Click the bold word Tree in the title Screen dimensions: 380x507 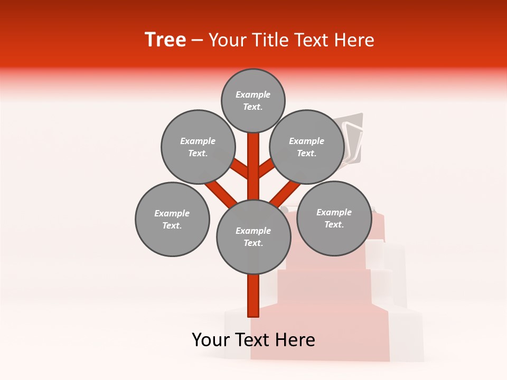[165, 40]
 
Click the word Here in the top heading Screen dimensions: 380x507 [356, 40]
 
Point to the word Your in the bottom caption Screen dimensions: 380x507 [211, 340]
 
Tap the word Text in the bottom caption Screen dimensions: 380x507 [252, 340]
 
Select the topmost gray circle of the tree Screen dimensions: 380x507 [253, 100]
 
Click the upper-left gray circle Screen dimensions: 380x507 [198, 147]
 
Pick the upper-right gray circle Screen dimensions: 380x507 [307, 147]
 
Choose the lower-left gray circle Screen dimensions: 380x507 [172, 219]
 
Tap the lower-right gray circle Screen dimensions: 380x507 [334, 218]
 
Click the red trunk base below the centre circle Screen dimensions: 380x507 [253, 296]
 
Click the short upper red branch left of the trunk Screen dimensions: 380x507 [240, 169]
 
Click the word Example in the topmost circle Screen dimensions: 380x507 [253, 94]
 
